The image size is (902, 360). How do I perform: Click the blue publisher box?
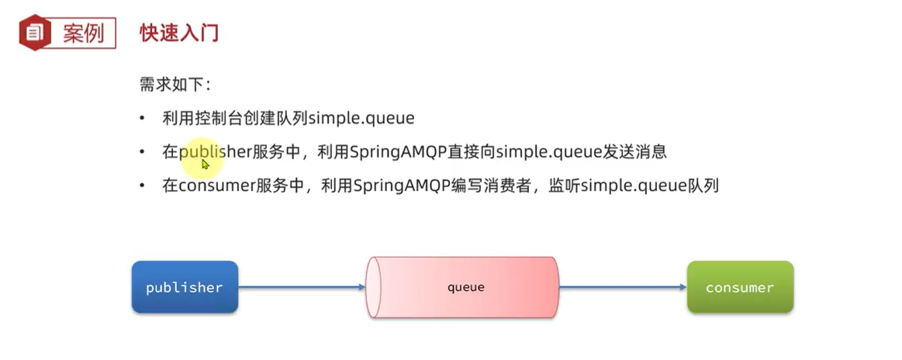pos(185,287)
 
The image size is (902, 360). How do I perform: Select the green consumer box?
pos(740,287)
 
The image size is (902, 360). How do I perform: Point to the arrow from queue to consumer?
pos(623,287)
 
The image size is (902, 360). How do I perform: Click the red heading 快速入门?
pos(179,33)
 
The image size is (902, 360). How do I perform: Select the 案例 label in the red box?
pos(83,33)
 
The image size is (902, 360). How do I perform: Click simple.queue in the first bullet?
pos(361,118)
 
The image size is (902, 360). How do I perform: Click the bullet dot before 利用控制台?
pos(142,118)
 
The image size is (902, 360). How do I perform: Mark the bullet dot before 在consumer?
pos(142,186)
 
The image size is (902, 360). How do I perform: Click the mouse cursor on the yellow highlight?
pos(206,164)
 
